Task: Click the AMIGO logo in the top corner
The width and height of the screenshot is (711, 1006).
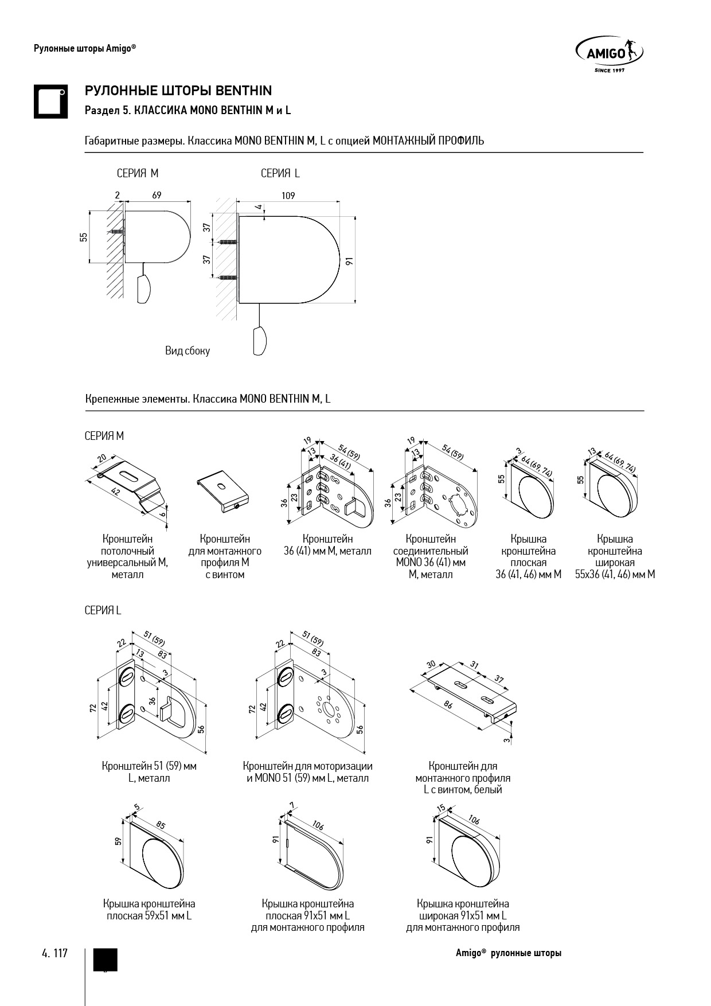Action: [x=608, y=54]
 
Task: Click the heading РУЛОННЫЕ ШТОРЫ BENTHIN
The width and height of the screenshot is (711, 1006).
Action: [x=178, y=91]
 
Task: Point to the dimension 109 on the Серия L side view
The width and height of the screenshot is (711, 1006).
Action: [x=288, y=196]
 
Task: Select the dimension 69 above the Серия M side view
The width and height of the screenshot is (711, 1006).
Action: [x=157, y=195]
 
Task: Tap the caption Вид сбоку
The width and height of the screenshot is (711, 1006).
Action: [x=187, y=351]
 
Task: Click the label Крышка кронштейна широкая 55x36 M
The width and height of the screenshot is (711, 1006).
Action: [x=615, y=556]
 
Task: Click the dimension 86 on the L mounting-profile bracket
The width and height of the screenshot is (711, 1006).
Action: [x=448, y=704]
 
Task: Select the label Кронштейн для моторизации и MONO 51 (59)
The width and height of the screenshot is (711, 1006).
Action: [x=307, y=772]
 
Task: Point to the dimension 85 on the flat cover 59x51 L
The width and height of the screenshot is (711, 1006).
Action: [x=161, y=826]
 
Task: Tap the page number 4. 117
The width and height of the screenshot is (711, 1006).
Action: [x=54, y=953]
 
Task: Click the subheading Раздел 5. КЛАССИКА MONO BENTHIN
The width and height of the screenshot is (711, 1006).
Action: [x=187, y=110]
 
